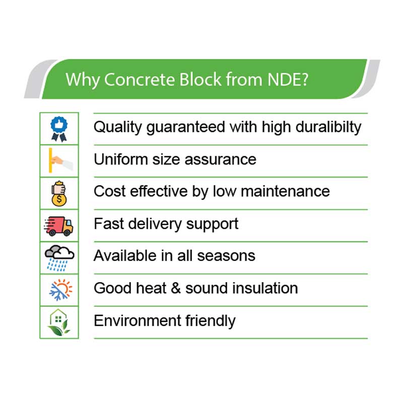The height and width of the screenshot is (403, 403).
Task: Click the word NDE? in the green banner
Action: point(288,79)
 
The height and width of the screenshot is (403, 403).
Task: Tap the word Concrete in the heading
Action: point(140,79)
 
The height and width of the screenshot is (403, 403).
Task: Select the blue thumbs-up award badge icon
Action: point(59,129)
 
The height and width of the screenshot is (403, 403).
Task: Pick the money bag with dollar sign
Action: point(59,193)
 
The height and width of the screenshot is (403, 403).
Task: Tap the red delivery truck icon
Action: point(58,226)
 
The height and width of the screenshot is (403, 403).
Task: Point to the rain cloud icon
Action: point(59,258)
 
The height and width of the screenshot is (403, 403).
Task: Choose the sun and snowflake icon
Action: point(61,290)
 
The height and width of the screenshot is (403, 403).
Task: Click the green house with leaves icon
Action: point(59,322)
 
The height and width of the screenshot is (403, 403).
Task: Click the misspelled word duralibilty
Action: point(328,127)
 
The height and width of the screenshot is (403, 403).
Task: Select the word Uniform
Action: point(121,159)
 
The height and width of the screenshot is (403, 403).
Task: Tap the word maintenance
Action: point(285,191)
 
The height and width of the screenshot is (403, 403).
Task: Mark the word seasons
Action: point(226,256)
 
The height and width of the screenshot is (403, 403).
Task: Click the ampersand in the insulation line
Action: point(176,288)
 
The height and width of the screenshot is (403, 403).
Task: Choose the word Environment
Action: point(138,321)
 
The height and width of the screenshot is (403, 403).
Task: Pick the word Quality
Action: point(118,127)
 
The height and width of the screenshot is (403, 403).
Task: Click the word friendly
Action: point(210,321)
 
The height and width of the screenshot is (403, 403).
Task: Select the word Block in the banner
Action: point(200,79)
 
